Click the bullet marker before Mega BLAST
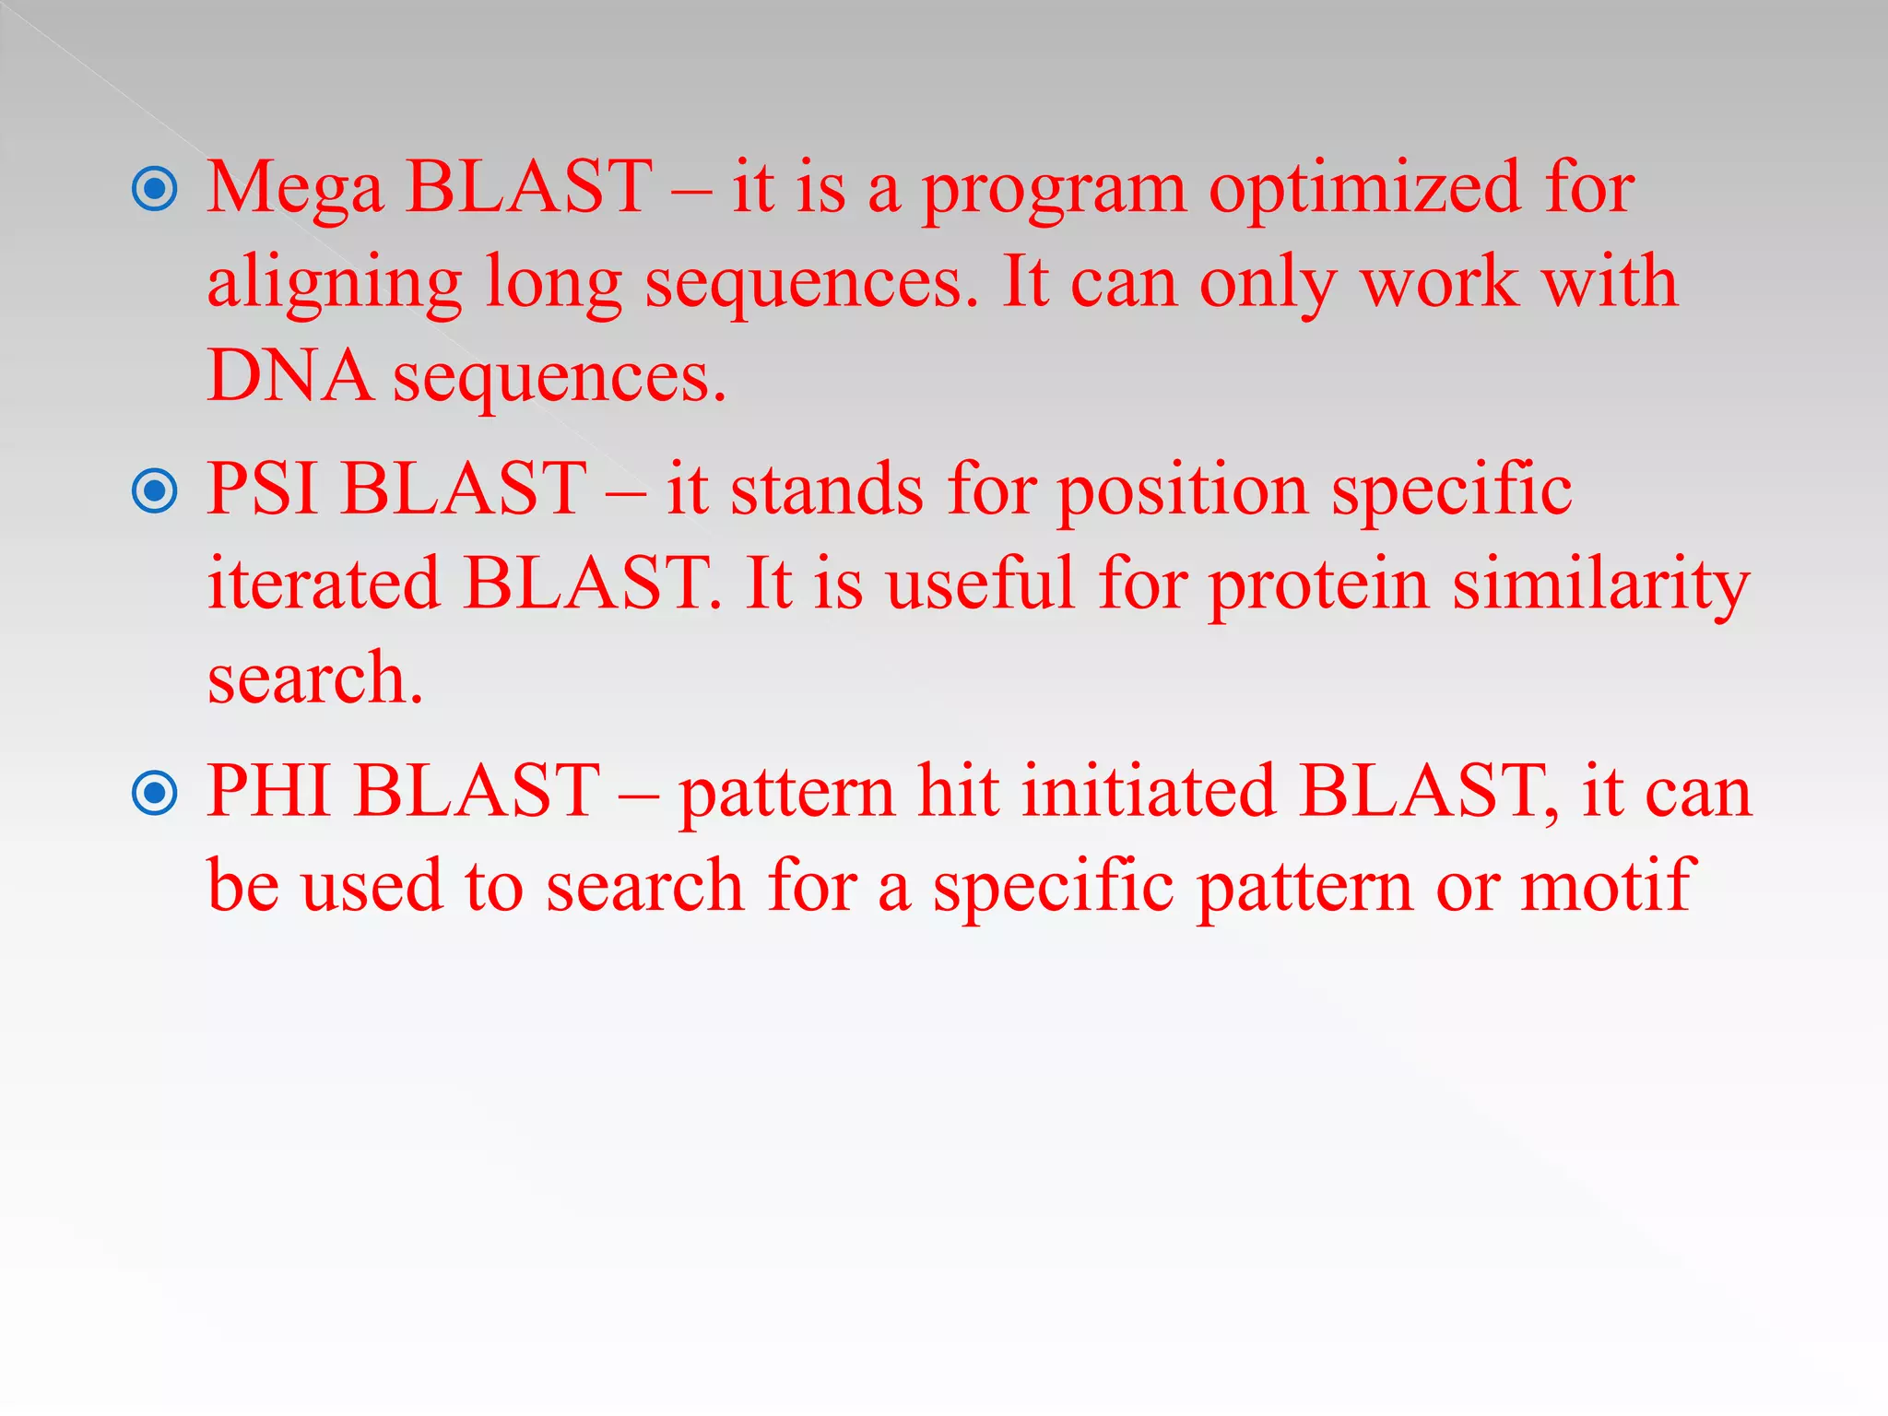155,189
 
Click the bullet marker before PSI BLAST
155,490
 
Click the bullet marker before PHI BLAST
155,793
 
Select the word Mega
294,189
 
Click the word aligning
334,284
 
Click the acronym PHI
269,791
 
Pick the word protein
1318,584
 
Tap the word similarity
1600,584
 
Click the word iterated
323,584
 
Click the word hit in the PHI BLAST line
959,791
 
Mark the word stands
826,490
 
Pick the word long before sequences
553,284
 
